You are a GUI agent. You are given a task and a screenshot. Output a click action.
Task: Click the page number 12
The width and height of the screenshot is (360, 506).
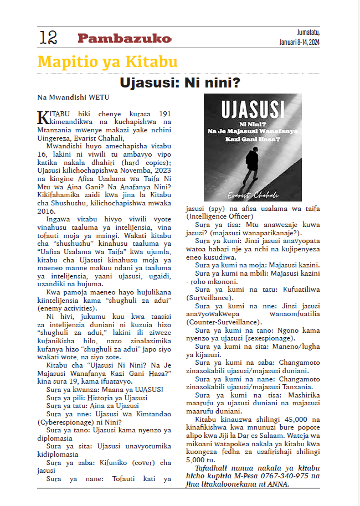click(x=48, y=38)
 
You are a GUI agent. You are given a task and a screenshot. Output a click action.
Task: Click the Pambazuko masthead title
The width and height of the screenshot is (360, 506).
click(x=124, y=38)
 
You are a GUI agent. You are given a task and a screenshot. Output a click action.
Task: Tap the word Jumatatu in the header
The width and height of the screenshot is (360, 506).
click(x=307, y=32)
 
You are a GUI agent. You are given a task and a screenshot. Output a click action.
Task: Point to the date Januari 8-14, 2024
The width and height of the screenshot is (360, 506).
click(x=300, y=42)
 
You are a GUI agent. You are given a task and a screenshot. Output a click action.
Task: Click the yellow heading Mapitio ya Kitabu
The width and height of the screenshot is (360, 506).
click(x=107, y=61)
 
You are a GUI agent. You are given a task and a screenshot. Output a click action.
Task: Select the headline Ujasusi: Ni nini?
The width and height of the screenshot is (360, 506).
click(x=180, y=84)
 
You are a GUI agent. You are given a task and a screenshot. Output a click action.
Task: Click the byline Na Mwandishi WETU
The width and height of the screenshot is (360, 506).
click(x=66, y=97)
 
